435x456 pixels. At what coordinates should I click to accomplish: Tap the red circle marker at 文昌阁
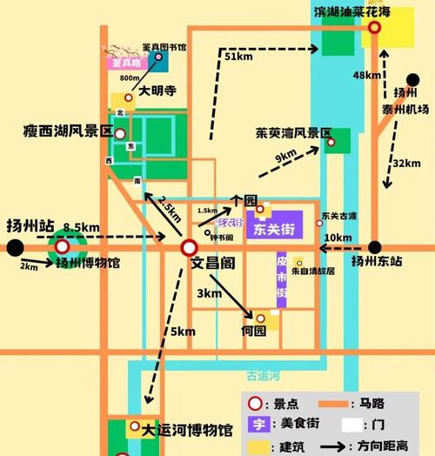click(189, 248)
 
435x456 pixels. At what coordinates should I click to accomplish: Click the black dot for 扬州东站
click(375, 247)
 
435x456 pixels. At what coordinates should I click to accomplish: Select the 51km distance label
click(238, 57)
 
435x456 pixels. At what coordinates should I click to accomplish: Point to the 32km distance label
click(405, 164)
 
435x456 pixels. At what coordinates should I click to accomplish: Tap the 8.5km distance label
click(81, 227)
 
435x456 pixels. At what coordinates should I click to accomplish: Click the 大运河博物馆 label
click(187, 430)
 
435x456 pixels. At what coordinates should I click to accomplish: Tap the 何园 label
click(253, 332)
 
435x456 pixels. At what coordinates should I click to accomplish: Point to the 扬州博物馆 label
click(89, 262)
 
